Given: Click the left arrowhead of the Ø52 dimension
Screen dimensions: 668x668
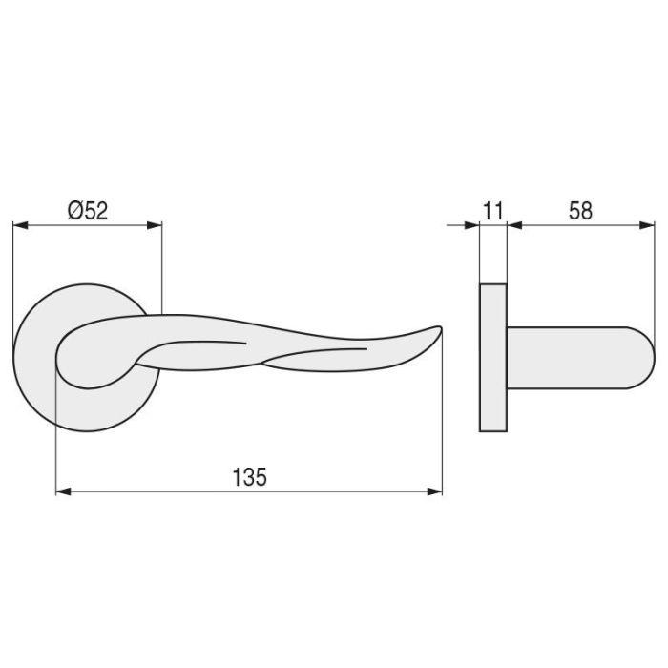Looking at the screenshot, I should click(19, 226).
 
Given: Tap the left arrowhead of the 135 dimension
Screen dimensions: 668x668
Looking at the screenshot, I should click(63, 491).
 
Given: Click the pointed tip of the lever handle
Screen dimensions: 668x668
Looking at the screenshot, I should click(441, 329).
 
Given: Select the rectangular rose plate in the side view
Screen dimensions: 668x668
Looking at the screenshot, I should click(492, 357).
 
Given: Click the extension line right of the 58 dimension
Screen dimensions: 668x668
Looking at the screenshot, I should click(656, 277).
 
